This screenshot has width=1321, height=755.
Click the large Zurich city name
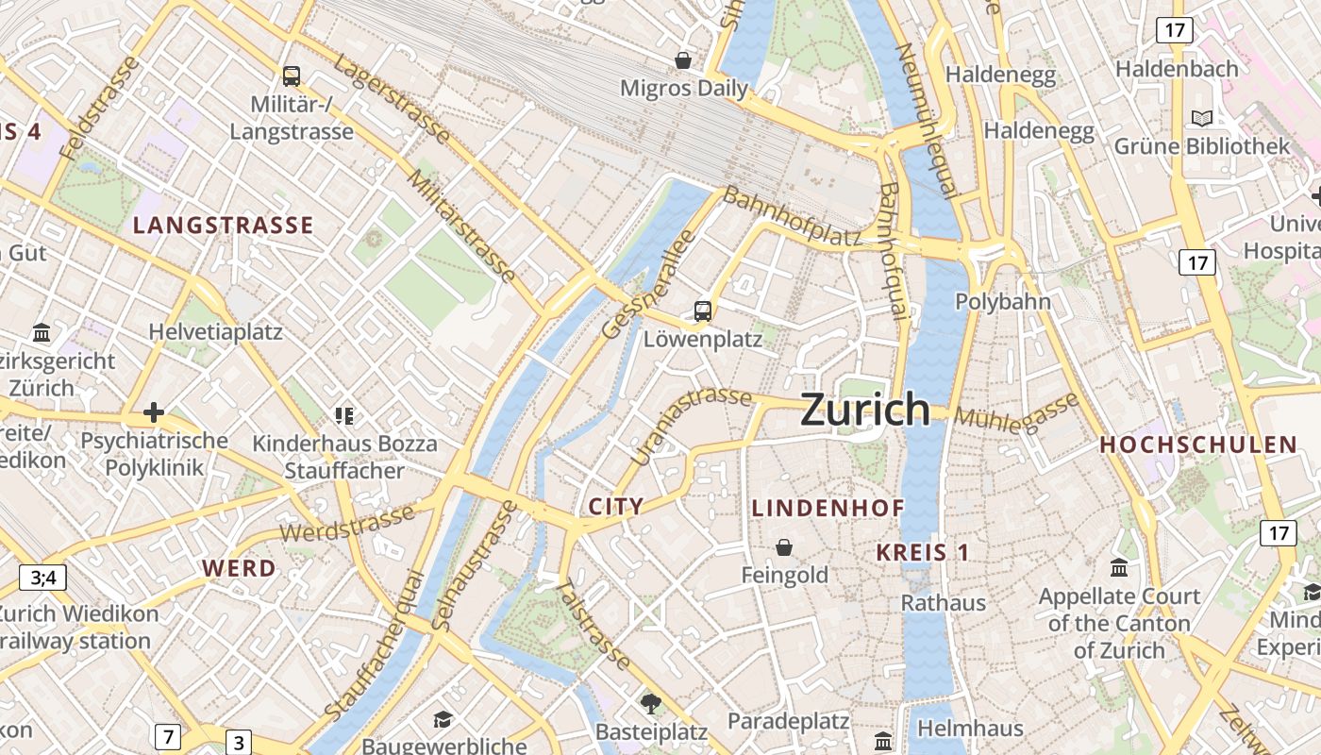(865, 410)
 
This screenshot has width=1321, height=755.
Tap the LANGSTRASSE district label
(223, 225)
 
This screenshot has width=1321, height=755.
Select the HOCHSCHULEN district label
(1198, 445)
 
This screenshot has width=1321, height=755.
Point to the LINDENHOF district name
(828, 508)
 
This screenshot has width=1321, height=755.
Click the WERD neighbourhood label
(240, 568)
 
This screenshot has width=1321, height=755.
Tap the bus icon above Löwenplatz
(703, 310)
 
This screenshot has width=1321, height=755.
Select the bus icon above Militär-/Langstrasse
(292, 76)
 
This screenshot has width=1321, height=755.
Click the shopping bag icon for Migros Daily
(683, 60)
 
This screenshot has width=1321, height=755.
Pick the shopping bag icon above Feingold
(784, 547)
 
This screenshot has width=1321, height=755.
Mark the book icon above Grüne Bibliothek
(1201, 118)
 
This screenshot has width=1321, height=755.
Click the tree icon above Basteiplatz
(650, 703)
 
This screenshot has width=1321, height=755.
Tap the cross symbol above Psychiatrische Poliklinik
(154, 412)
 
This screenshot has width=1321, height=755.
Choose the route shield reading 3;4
(43, 578)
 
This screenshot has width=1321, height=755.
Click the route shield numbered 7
(168, 736)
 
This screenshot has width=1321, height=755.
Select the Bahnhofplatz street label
(793, 218)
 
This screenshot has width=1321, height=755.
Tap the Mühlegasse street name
(1016, 413)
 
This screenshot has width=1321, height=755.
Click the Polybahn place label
(1003, 302)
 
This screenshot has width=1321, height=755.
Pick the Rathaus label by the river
(944, 602)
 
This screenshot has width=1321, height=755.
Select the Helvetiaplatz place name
(216, 332)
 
